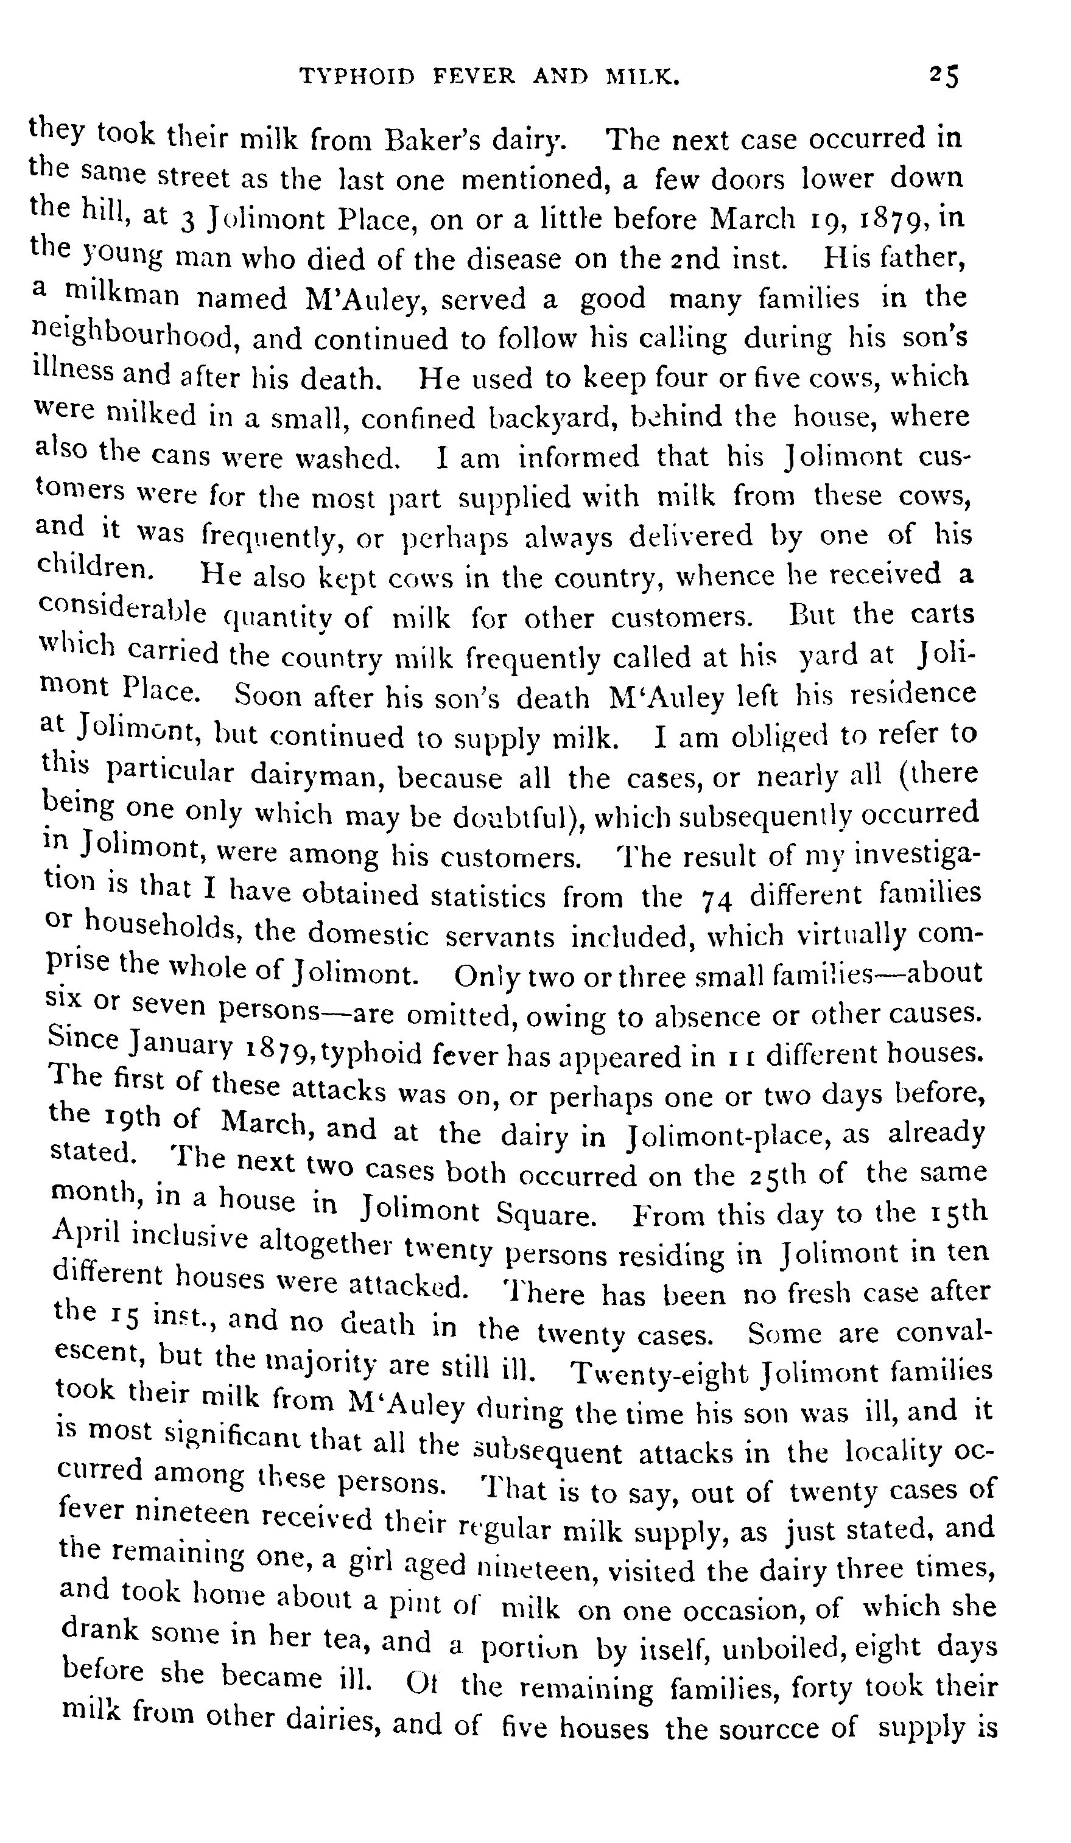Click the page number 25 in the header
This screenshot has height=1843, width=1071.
click(944, 76)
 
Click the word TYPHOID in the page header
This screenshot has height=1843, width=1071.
click(359, 76)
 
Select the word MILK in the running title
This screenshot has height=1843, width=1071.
click(643, 76)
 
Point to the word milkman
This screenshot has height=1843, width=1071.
click(123, 295)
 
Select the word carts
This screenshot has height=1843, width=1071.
click(943, 613)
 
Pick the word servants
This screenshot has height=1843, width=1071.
click(500, 937)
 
